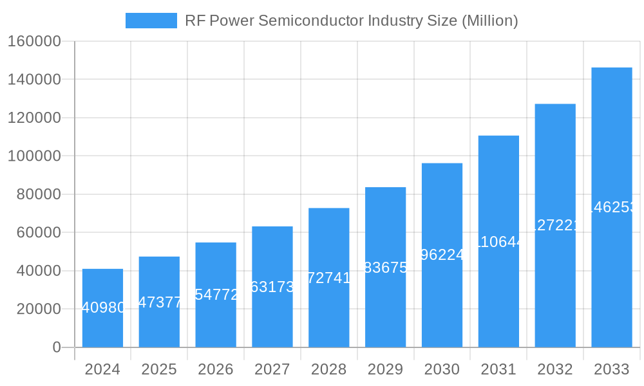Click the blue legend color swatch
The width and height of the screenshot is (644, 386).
(151, 21)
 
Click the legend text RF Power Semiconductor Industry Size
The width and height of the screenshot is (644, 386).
(351, 21)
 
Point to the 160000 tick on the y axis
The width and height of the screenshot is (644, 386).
(34, 42)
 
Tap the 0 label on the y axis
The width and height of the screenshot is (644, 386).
(57, 347)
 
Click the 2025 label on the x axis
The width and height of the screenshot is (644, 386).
(159, 370)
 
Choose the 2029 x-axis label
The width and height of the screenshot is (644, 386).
(385, 370)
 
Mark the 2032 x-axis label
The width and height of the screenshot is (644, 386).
(555, 370)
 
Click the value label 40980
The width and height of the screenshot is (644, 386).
(104, 308)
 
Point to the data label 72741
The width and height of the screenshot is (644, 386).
(329, 278)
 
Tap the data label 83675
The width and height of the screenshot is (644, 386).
(386, 268)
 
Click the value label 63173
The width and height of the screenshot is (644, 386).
(272, 287)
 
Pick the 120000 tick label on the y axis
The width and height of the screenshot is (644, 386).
(34, 118)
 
